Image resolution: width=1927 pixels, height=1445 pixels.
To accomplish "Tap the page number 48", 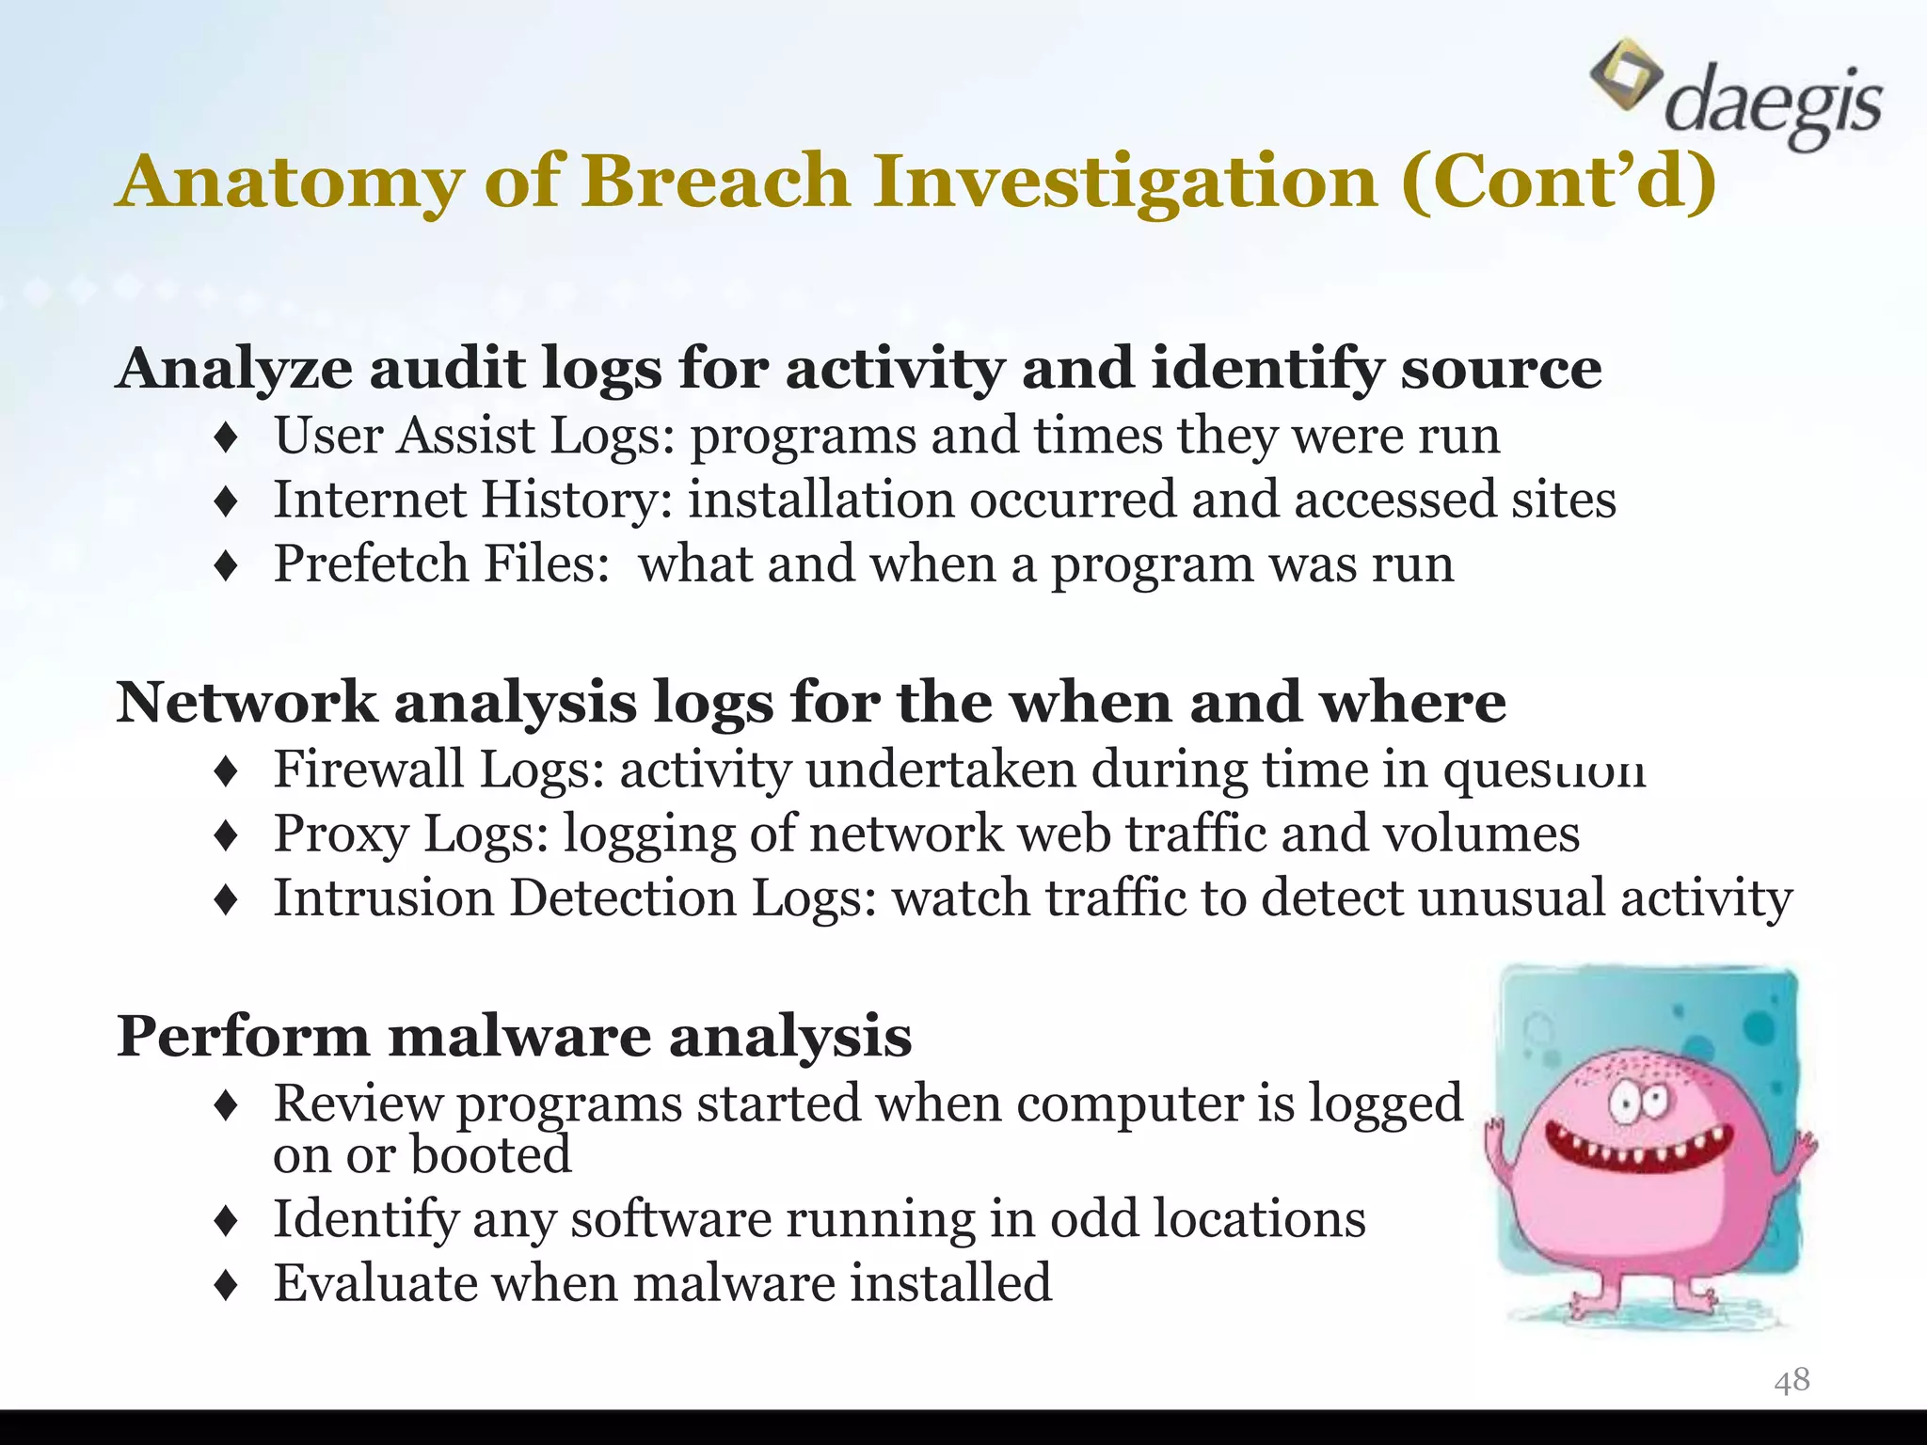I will pos(1792,1380).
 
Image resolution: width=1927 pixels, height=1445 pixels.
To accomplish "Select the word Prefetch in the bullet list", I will pos(371,564).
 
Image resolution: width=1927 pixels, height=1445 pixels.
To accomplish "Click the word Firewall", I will pos(369,769).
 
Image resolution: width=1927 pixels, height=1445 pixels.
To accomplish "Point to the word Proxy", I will pos(341,834).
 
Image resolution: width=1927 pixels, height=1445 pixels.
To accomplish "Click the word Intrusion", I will pos(384,897).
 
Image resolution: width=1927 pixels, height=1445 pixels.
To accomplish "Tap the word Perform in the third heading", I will pos(243,1036).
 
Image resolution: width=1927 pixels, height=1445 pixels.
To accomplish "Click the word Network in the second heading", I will pos(247,703).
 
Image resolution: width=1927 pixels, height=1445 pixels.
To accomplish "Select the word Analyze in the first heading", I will pos(235,368).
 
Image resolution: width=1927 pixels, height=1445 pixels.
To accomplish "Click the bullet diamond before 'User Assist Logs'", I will pos(227,437).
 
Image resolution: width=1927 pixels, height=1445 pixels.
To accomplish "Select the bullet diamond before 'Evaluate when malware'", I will pos(227,1285).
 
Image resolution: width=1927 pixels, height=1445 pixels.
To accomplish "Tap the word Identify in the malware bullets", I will pos(365,1219).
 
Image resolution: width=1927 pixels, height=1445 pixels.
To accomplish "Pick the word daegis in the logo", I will pos(1773,105).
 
